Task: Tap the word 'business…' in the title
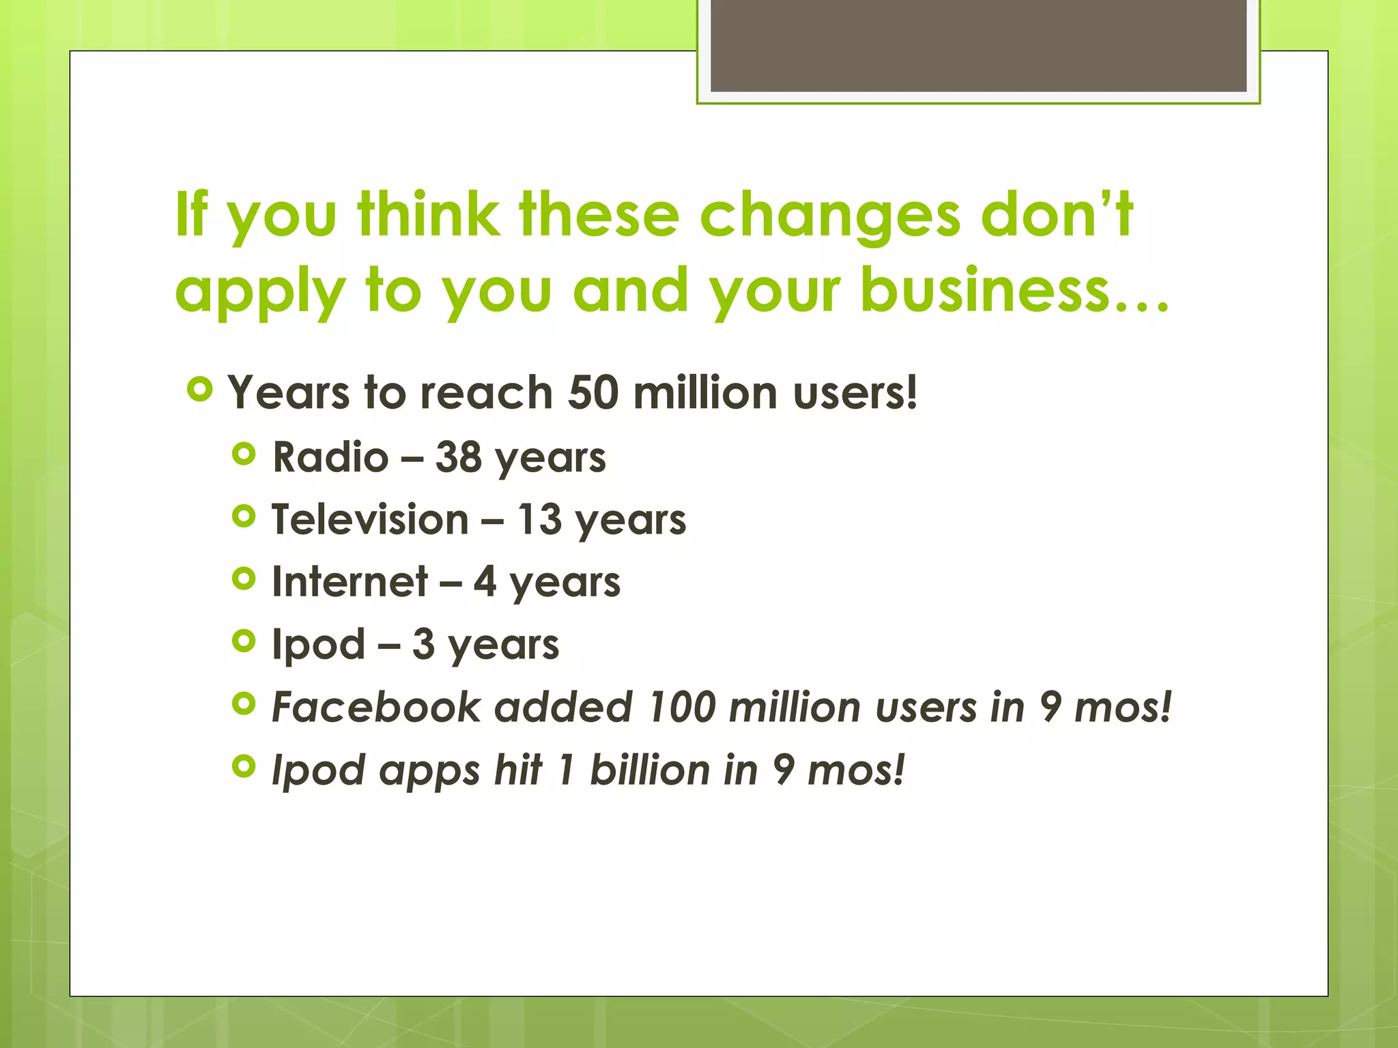click(x=1014, y=289)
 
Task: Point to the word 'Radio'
click(x=330, y=456)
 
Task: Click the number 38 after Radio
click(x=458, y=456)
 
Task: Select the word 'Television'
click(x=370, y=519)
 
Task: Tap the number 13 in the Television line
click(x=539, y=519)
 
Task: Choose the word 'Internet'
click(x=349, y=582)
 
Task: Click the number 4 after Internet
click(x=485, y=582)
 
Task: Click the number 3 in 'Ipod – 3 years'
click(x=423, y=644)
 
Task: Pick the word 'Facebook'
click(x=377, y=707)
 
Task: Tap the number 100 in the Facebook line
click(x=681, y=707)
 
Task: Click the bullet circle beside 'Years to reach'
click(x=199, y=390)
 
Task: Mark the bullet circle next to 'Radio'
click(x=244, y=454)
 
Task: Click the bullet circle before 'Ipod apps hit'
click(x=244, y=767)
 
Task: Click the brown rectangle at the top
click(x=978, y=45)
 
